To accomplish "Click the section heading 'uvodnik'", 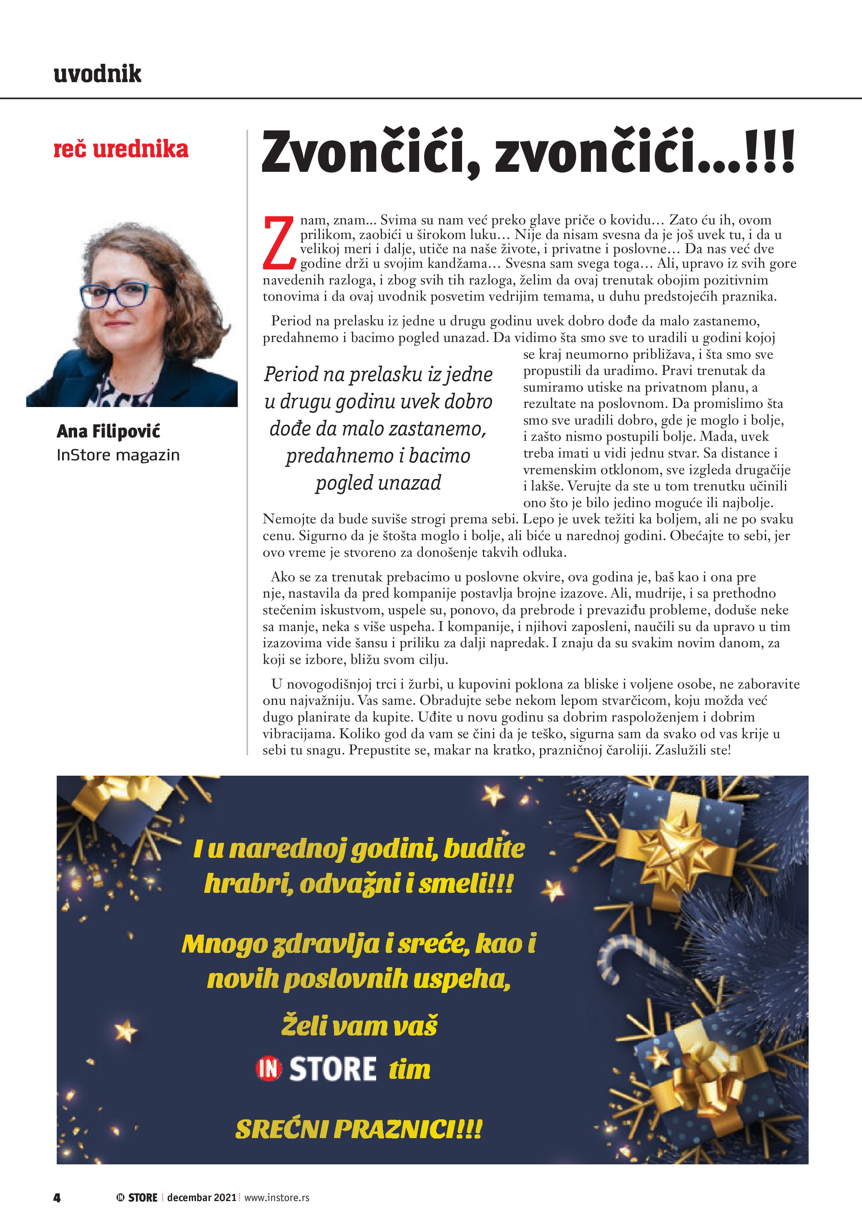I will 98,74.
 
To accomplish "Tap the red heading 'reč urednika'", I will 121,149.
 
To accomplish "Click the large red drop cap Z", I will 279,242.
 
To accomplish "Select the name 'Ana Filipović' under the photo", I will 108,431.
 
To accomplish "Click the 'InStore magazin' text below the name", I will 118,455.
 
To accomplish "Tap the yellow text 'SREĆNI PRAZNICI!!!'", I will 359,1129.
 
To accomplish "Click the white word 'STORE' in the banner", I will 333,1069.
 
